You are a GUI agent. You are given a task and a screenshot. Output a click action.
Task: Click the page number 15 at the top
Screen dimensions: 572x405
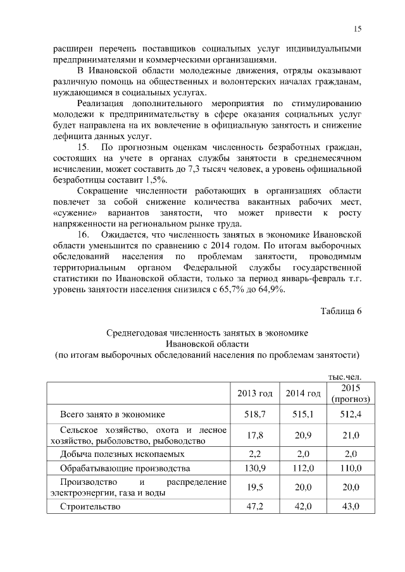click(357, 28)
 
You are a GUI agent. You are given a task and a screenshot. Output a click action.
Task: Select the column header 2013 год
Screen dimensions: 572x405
click(254, 394)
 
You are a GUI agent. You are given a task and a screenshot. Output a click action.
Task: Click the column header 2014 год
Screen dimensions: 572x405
click(302, 394)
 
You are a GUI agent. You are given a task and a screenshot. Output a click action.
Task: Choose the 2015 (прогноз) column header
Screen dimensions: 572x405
click(349, 394)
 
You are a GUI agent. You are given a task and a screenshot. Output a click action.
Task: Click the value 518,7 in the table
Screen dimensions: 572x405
click(254, 415)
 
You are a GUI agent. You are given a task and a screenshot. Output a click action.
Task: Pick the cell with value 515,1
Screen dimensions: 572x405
click(302, 415)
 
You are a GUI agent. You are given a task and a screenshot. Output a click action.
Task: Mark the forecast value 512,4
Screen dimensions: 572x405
click(349, 415)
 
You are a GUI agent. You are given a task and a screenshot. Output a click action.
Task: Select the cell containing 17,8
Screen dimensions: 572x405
click(254, 435)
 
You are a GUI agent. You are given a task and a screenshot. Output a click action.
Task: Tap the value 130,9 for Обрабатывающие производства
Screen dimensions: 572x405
click(254, 468)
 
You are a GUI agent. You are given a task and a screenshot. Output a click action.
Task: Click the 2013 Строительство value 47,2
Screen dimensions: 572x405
click(254, 506)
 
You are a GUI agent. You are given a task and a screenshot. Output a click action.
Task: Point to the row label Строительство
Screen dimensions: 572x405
click(89, 506)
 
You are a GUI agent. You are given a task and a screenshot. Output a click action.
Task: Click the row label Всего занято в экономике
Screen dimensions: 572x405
click(112, 415)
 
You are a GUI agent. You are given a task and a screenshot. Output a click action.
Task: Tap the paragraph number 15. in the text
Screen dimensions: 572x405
click(84, 147)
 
